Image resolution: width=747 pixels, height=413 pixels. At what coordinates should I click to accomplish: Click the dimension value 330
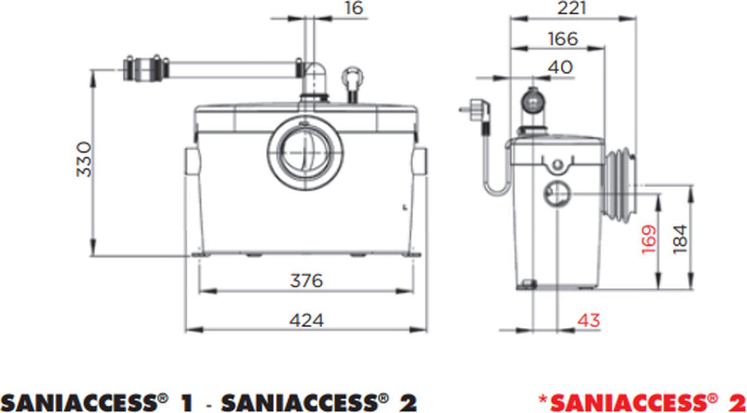84,160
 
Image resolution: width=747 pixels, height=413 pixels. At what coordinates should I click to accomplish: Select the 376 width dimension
307,281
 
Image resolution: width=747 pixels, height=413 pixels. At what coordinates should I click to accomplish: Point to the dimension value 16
353,8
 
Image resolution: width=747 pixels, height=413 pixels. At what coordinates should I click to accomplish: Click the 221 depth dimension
572,8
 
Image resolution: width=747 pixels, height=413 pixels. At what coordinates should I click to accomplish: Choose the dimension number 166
563,39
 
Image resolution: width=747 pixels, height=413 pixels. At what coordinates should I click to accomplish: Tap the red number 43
588,320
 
